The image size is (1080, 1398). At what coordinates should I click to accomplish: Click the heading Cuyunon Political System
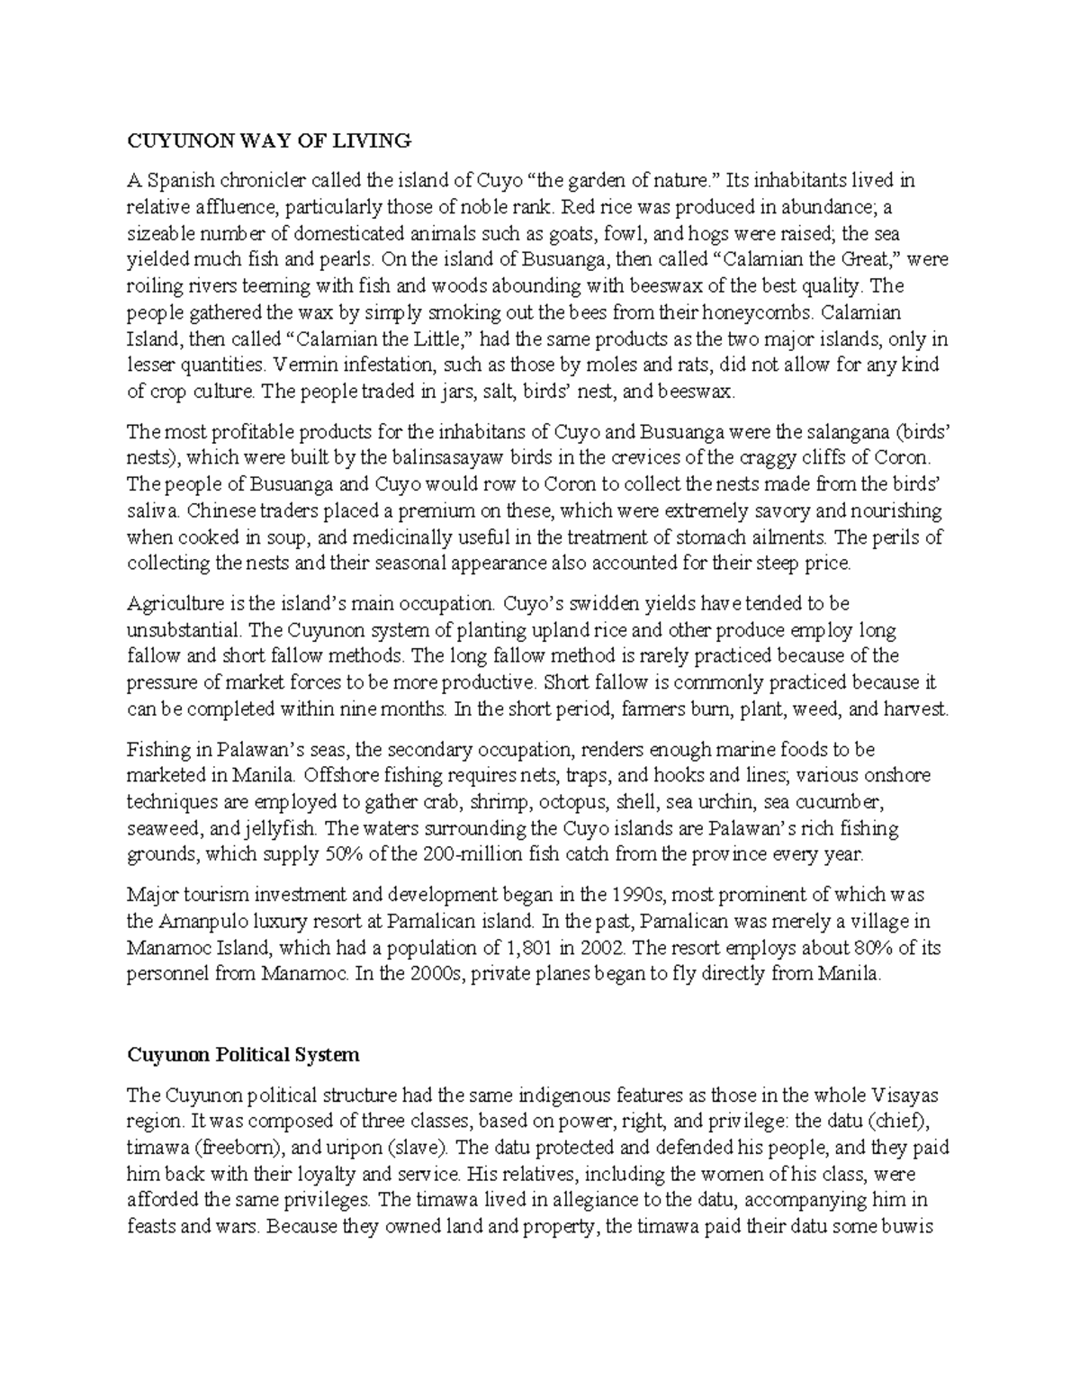(x=243, y=1054)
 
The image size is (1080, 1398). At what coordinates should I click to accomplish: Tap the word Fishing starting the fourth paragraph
(x=157, y=749)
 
